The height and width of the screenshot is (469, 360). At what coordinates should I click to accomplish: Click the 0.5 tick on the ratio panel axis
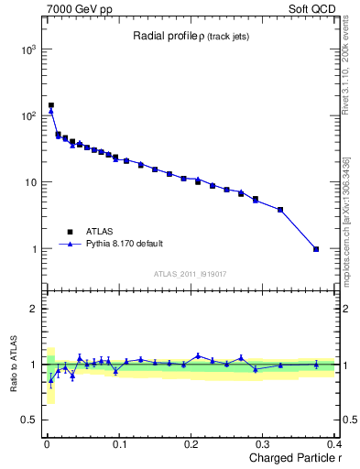click(x=30, y=420)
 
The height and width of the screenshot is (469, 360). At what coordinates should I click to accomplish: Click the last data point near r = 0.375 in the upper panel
click(x=316, y=249)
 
